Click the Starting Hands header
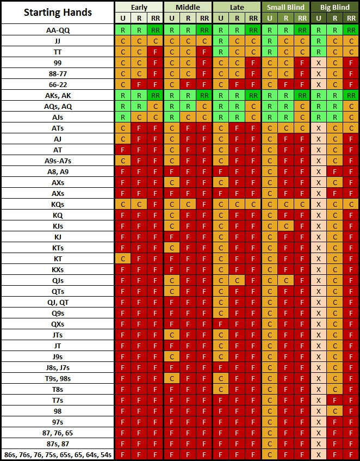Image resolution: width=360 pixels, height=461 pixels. [x=58, y=13]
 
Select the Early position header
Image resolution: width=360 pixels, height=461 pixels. [x=139, y=7]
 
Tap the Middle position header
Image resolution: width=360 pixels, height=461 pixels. [x=188, y=7]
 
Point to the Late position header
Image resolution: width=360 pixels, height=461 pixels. [x=237, y=7]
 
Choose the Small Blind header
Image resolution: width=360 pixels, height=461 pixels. [x=285, y=7]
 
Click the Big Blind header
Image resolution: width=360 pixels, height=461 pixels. [x=334, y=7]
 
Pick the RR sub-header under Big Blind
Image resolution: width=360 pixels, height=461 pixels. [x=351, y=19]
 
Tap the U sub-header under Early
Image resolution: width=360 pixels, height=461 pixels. [x=122, y=19]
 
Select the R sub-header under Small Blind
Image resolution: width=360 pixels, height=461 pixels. [x=285, y=19]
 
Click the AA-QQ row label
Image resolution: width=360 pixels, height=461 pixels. [x=58, y=30]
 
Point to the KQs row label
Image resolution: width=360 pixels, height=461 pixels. [x=58, y=204]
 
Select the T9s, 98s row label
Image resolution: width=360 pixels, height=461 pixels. [x=58, y=378]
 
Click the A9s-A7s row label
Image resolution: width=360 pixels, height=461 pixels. [x=58, y=161]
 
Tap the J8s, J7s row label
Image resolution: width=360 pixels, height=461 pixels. [x=58, y=367]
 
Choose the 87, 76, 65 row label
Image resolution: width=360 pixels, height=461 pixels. [x=58, y=433]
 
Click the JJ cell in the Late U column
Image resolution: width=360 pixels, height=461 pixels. [x=220, y=41]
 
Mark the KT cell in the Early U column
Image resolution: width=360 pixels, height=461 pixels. [x=122, y=259]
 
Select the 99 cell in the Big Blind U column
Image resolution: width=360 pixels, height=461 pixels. [x=318, y=63]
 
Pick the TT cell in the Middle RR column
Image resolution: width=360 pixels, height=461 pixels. [x=204, y=52]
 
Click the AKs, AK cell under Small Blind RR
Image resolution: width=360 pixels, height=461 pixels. [x=302, y=95]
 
